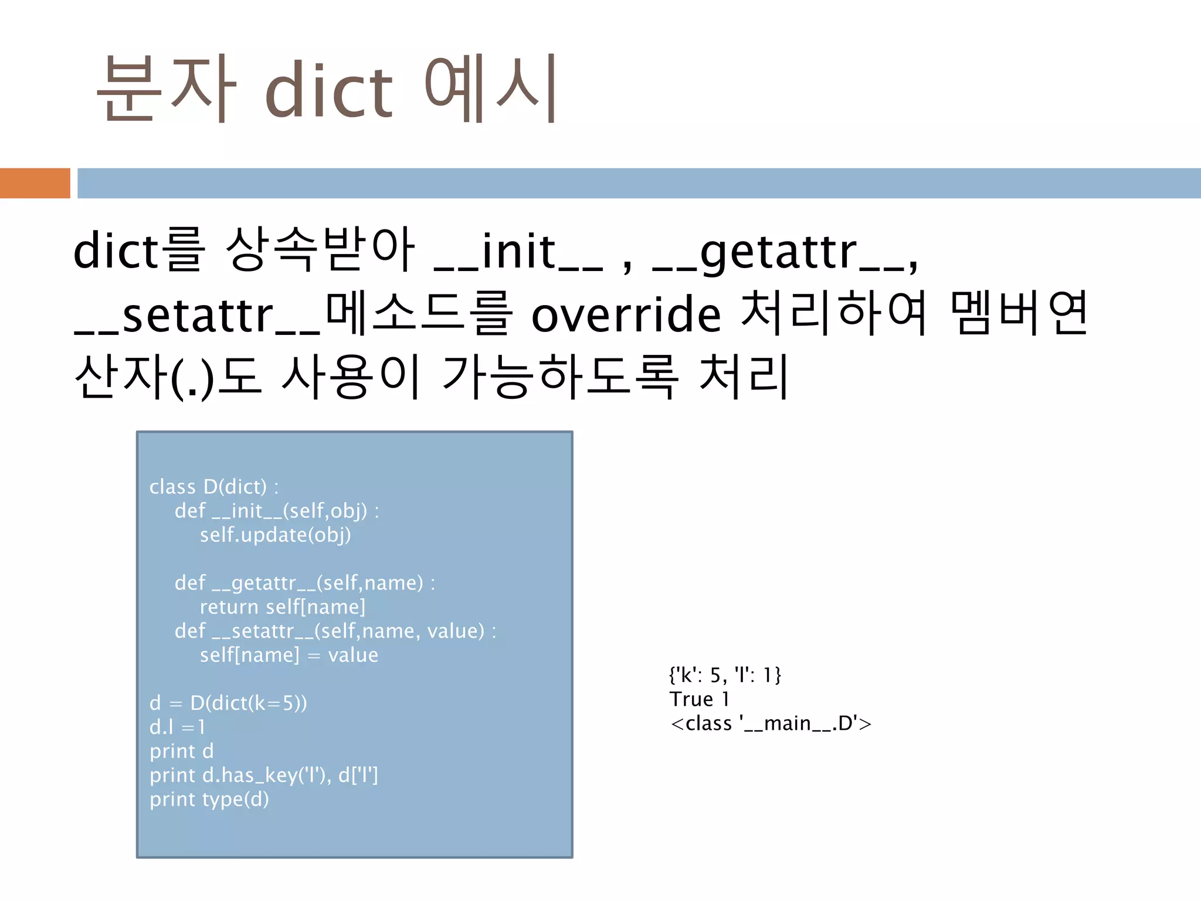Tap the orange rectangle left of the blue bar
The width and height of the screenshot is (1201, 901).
coord(35,183)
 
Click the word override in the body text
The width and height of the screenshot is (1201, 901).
coord(626,315)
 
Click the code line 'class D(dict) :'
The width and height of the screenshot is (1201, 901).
coord(214,487)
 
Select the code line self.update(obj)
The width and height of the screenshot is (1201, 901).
coord(275,535)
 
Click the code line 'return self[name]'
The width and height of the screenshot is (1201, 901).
coord(282,607)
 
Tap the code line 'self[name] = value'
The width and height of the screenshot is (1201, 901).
coord(289,655)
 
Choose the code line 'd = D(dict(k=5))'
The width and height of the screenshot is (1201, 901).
coord(228,703)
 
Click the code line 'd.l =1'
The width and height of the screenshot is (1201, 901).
coord(177,727)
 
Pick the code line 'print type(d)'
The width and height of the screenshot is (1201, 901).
coord(209,800)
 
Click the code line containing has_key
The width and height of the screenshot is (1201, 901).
coord(263,775)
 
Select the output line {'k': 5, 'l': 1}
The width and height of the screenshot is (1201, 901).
coord(725,676)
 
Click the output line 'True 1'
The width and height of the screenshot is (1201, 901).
coord(699,700)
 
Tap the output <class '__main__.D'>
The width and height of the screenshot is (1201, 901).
coord(771,724)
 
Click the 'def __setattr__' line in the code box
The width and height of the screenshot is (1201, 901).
coord(335,631)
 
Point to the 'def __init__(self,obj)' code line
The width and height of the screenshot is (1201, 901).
coord(276,511)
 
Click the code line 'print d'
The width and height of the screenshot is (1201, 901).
coord(181,751)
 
